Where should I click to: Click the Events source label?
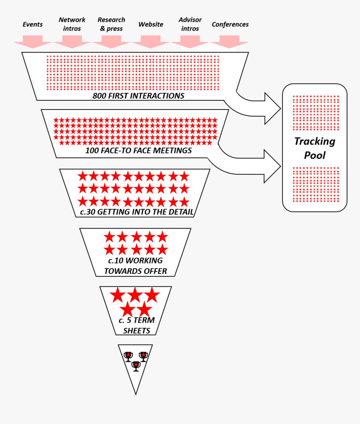[33, 24]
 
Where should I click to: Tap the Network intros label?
[72, 24]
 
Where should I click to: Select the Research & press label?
[111, 24]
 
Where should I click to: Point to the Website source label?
[151, 24]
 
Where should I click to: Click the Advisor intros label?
[190, 24]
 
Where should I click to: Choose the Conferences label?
[230, 24]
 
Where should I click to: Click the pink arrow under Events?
[33, 42]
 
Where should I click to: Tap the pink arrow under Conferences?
[229, 42]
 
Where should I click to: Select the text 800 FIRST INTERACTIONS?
[139, 96]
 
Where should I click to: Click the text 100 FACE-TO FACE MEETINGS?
[139, 151]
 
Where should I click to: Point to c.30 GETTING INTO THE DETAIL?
[137, 212]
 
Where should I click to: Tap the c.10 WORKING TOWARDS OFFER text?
[135, 266]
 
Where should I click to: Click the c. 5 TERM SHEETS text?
[136, 326]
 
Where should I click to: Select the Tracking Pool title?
[315, 148]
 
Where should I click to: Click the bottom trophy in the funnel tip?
[136, 366]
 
